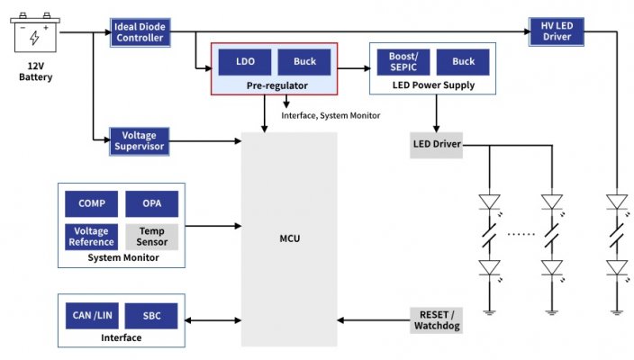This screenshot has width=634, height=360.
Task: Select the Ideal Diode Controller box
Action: click(140, 31)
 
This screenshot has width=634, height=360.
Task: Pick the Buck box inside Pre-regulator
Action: click(303, 62)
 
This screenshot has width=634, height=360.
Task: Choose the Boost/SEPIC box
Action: click(402, 62)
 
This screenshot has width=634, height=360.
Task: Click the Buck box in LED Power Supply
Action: click(463, 62)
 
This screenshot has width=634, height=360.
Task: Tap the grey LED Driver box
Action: click(436, 145)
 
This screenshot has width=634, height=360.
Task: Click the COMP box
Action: click(92, 203)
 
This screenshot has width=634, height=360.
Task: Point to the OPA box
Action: click(151, 203)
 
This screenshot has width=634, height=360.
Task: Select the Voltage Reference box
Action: click(92, 236)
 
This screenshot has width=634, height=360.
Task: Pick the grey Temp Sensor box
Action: click(151, 236)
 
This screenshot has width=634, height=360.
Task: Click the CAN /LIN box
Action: click(92, 316)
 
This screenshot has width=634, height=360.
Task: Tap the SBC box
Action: click(151, 316)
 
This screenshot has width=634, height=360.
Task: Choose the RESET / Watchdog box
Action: click(436, 319)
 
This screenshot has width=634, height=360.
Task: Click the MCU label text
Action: click(289, 238)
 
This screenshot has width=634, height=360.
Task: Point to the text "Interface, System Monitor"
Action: click(331, 115)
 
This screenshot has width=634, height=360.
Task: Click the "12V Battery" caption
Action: click(36, 71)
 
